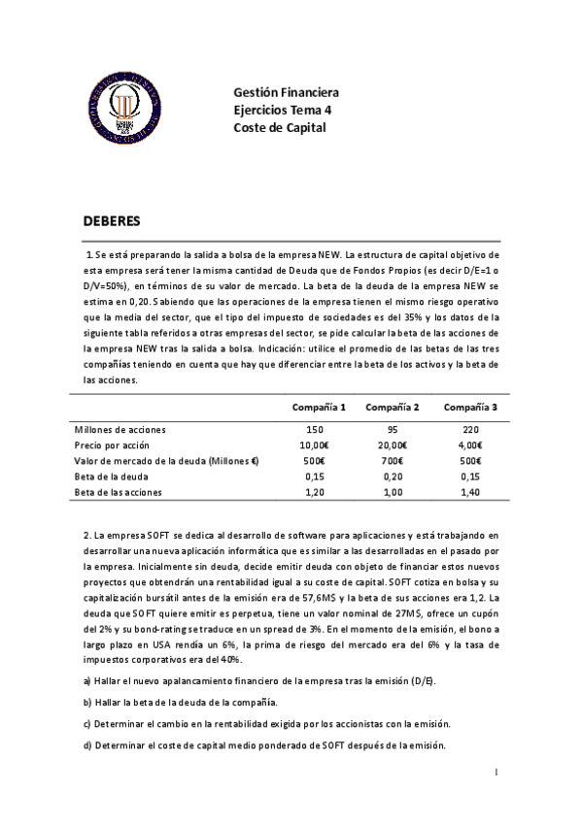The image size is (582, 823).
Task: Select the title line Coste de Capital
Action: tap(280, 127)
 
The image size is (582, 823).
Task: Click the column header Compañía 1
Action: tap(319, 407)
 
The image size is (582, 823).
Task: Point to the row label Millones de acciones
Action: tap(120, 428)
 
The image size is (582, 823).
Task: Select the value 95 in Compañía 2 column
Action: tap(392, 428)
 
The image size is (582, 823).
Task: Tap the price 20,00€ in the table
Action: tap(393, 444)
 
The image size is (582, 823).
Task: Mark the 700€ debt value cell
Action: tap(393, 461)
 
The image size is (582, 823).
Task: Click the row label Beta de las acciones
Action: tap(120, 493)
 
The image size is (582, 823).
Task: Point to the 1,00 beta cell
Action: tap(393, 493)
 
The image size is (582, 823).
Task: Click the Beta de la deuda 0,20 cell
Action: tap(393, 477)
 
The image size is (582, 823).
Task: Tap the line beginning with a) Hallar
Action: tap(259, 680)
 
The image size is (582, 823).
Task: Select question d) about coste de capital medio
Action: tap(264, 745)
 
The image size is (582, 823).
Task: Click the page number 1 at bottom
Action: tap(496, 772)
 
